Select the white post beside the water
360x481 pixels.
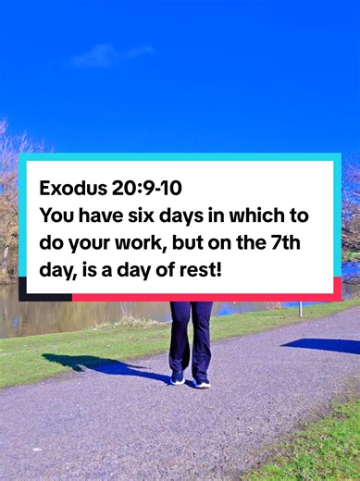point(300,307)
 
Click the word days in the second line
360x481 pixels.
point(182,215)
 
